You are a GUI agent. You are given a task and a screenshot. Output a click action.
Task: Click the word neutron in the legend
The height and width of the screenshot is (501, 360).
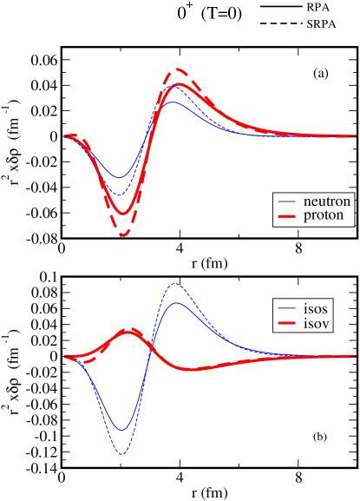click(x=327, y=201)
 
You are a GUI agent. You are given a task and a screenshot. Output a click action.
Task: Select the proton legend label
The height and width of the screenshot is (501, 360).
click(x=323, y=215)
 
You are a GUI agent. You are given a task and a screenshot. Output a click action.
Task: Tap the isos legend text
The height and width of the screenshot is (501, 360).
click(x=317, y=309)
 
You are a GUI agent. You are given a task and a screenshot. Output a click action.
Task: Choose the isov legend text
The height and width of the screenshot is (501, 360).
click(x=317, y=324)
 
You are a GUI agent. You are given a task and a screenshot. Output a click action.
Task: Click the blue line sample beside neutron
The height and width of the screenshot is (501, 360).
click(x=286, y=202)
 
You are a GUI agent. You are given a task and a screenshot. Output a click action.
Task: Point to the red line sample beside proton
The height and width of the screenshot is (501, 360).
click(x=286, y=216)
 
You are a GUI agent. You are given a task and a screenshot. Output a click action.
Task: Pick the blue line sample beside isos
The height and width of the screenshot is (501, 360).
click(x=286, y=310)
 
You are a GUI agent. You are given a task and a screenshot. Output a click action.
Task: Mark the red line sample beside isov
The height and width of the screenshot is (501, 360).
click(x=286, y=325)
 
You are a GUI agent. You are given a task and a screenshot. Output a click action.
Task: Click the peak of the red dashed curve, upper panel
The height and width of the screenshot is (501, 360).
click(x=178, y=69)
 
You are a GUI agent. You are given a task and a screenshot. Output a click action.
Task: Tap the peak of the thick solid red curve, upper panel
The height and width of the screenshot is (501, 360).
click(x=178, y=84)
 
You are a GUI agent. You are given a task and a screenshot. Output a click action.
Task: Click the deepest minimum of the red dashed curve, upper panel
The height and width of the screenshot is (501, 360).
click(x=123, y=235)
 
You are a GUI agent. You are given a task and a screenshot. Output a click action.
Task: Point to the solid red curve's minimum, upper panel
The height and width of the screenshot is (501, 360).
click(x=123, y=214)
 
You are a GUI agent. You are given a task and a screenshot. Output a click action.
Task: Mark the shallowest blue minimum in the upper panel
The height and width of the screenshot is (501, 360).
click(x=121, y=178)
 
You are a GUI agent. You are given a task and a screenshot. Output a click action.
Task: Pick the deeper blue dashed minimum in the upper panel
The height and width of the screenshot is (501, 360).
click(x=121, y=194)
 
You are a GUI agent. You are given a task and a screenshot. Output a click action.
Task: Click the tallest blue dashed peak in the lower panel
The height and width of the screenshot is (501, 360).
click(x=175, y=283)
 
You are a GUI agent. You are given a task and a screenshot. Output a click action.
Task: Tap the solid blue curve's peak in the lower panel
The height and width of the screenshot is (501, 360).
click(x=176, y=302)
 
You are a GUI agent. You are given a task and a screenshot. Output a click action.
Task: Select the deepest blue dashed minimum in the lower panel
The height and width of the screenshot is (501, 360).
click(x=121, y=454)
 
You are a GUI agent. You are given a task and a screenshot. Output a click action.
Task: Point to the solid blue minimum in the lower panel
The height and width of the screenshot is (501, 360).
click(x=122, y=430)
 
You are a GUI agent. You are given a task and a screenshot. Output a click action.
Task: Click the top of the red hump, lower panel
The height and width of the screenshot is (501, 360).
click(x=128, y=331)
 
